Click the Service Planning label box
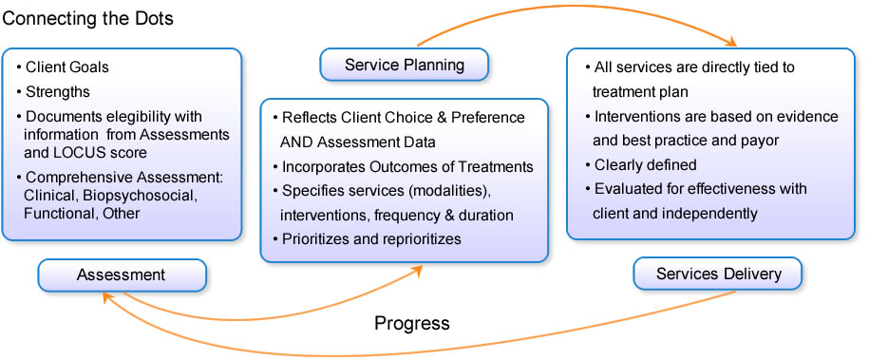404,65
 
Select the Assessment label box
122,275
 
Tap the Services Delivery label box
718,274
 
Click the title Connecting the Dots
88,18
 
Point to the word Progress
412,323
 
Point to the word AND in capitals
293,142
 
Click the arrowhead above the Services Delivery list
730,41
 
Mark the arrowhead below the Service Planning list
416,270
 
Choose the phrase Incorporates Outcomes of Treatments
407,166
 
